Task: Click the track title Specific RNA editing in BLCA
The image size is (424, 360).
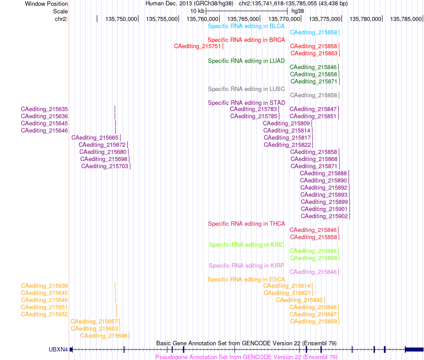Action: (x=246, y=26)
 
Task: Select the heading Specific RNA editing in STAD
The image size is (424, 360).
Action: (x=246, y=103)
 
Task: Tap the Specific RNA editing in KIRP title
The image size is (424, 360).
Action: (x=246, y=266)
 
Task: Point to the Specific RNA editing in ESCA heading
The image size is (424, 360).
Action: (x=246, y=279)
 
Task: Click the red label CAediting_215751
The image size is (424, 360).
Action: (x=197, y=46)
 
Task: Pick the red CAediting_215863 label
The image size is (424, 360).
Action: (x=314, y=54)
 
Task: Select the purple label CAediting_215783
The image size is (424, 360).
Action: (x=254, y=109)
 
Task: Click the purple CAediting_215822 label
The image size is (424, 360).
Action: (x=287, y=145)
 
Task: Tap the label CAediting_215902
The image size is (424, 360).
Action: (x=324, y=216)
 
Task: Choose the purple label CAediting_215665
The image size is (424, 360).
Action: (x=95, y=138)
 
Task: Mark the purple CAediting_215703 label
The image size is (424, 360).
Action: (x=104, y=166)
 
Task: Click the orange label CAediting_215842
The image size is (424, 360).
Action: (x=299, y=300)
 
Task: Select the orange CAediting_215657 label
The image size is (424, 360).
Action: (x=94, y=322)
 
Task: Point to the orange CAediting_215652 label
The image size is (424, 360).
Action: (x=44, y=314)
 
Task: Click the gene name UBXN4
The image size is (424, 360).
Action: (x=58, y=349)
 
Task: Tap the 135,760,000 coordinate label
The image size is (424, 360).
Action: (x=202, y=19)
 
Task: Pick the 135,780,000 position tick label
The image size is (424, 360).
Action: (x=366, y=19)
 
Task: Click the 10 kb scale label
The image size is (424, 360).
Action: (x=197, y=11)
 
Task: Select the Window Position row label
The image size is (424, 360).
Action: (x=46, y=4)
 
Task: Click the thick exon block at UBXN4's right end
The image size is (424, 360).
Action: (x=415, y=349)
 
